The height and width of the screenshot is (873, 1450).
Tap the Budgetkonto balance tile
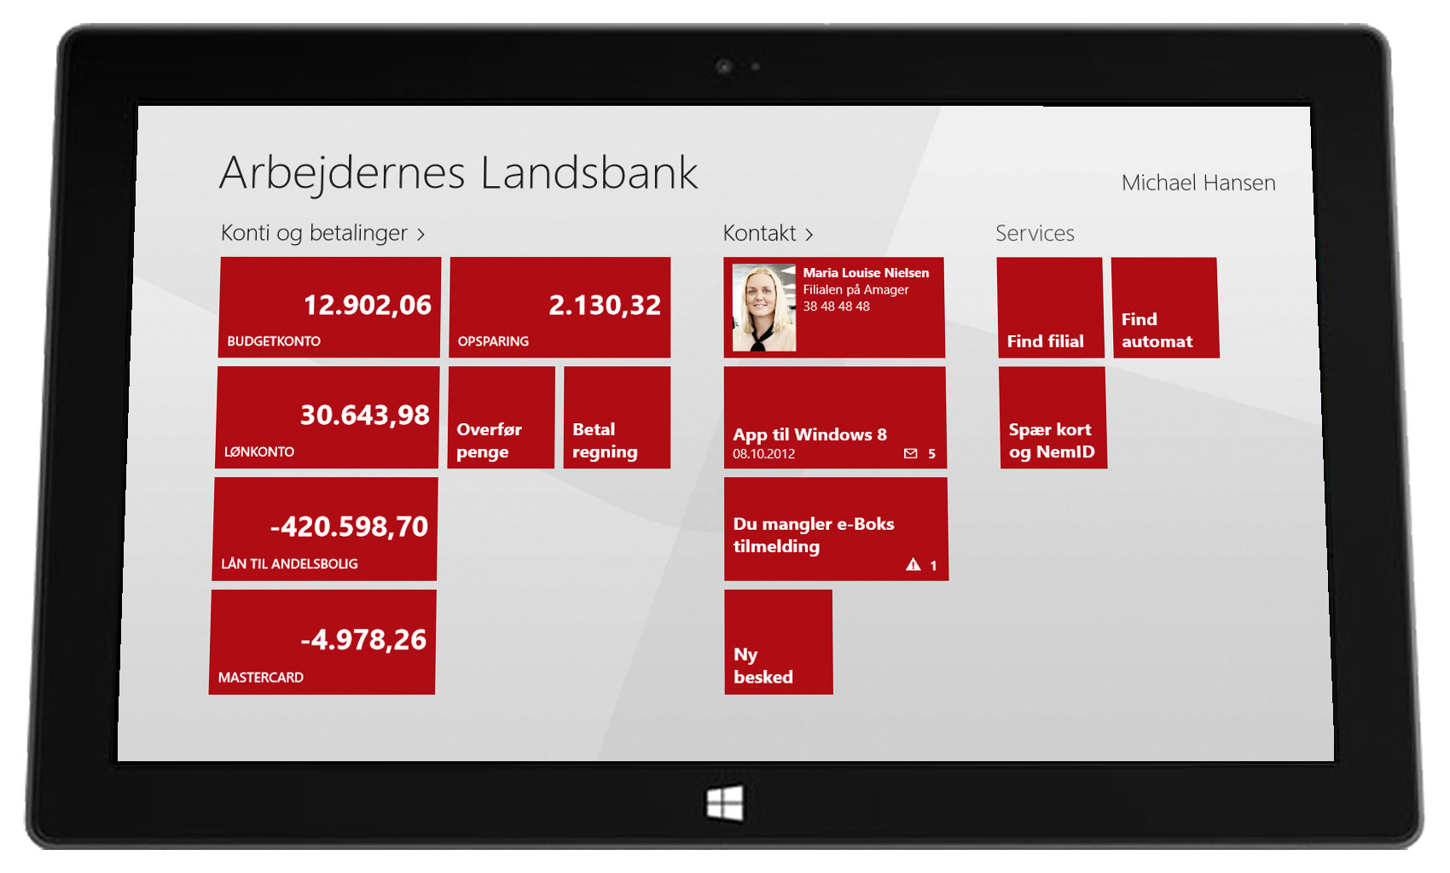[330, 307]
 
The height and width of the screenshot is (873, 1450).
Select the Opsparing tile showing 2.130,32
[560, 307]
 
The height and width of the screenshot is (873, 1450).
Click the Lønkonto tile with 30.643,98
[328, 417]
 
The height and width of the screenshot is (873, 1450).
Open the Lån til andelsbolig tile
[325, 529]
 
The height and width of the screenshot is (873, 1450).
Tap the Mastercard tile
[322, 642]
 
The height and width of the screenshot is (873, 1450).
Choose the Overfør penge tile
[502, 417]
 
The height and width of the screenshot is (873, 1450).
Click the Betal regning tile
[617, 417]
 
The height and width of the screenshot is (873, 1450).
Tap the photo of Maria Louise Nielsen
[763, 308]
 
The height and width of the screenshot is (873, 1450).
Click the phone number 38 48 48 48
[836, 306]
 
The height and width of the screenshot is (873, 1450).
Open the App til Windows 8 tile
[834, 417]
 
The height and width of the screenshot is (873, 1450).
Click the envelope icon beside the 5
[911, 454]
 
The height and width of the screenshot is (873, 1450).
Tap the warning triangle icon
[913, 564]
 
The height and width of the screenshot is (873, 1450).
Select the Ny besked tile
[778, 642]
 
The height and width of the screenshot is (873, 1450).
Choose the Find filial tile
[1050, 307]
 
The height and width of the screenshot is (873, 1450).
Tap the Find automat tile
[1164, 307]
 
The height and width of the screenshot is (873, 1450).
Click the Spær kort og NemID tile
[1053, 417]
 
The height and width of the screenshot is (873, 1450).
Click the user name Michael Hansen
[1198, 183]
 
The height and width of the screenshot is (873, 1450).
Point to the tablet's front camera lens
[724, 66]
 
